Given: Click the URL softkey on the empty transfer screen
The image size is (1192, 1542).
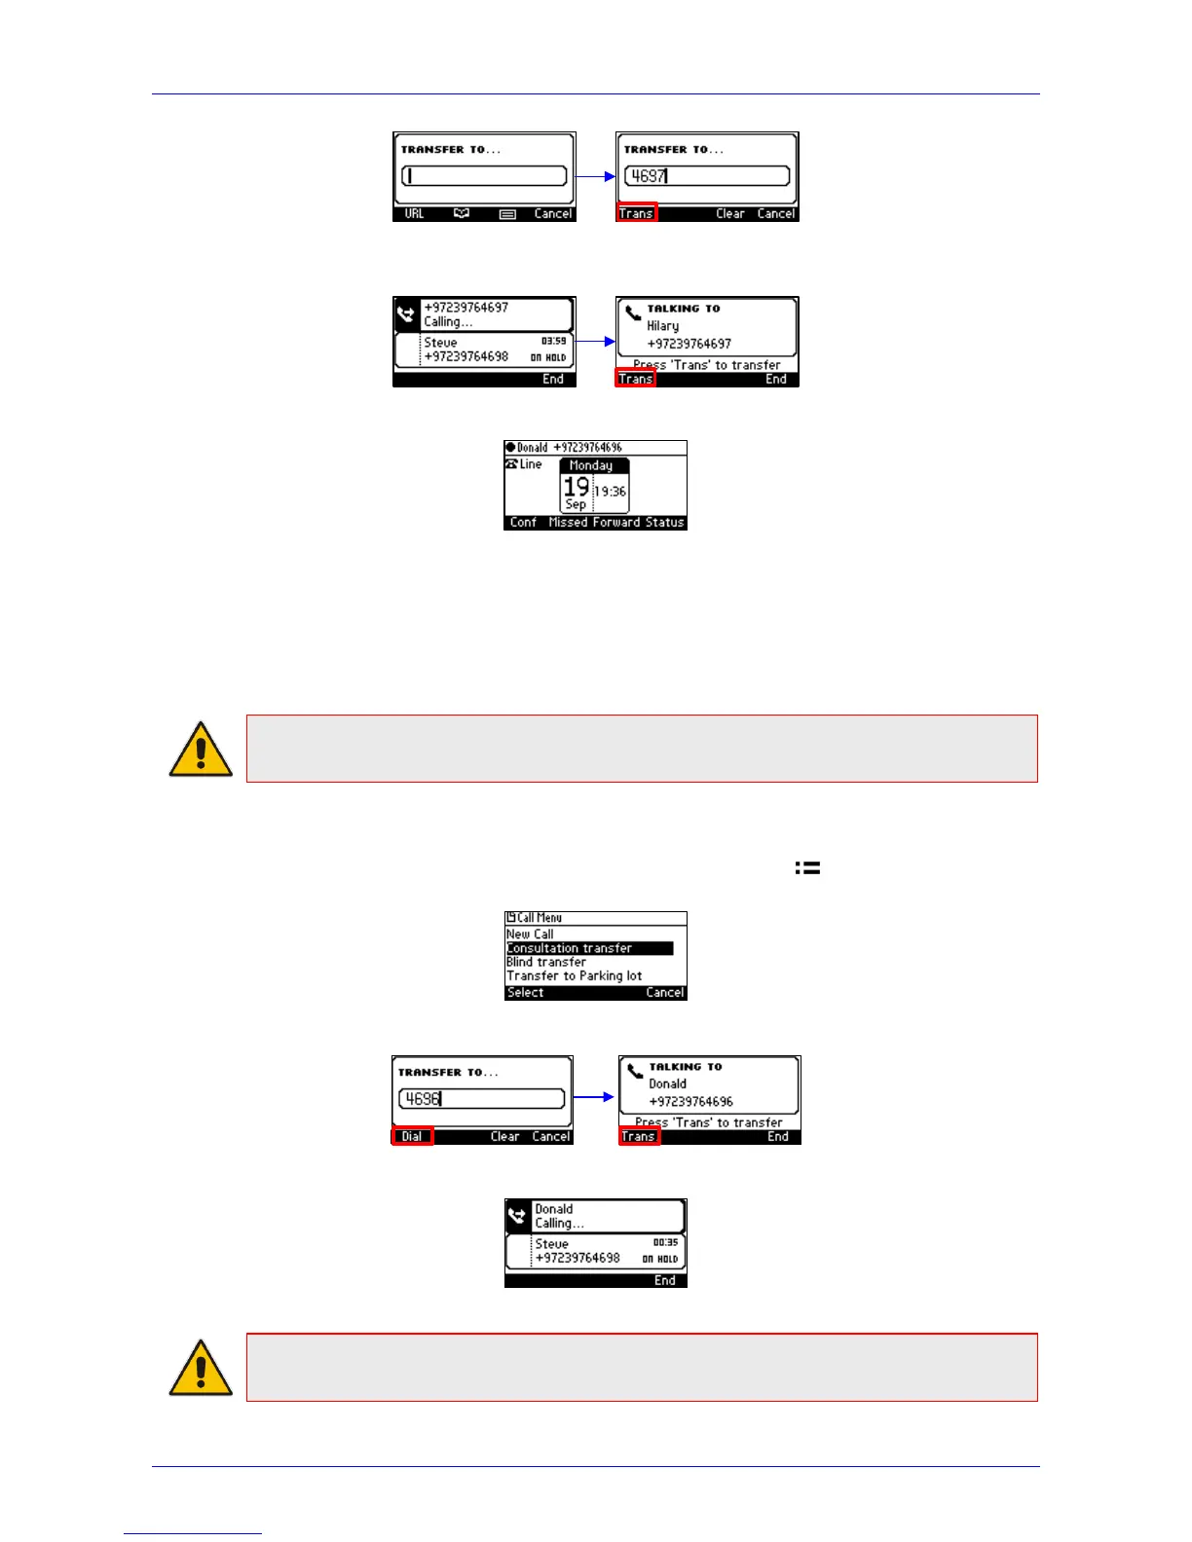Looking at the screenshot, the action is [x=414, y=213].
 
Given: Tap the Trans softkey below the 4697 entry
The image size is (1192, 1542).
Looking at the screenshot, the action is [x=637, y=213].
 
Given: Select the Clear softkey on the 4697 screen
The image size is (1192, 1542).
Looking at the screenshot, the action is [x=729, y=213].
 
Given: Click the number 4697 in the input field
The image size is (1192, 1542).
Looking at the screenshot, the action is [x=648, y=176].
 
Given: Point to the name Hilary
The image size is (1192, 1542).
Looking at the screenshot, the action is [x=663, y=326].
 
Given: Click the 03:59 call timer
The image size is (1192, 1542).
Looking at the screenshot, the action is [x=553, y=341].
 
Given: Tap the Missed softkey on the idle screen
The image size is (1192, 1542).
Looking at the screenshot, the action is [x=568, y=523].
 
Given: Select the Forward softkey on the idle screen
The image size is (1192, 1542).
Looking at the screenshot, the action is [x=615, y=523].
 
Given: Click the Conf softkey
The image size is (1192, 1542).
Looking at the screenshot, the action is [x=523, y=523].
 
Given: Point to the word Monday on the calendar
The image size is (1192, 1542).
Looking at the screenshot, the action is [x=591, y=465].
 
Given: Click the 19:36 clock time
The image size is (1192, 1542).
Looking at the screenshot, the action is [x=611, y=492].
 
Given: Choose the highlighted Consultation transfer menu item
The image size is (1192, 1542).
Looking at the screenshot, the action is [x=570, y=948].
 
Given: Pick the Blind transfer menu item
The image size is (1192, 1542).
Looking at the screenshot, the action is [x=546, y=962].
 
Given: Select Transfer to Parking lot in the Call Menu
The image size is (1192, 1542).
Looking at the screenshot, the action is [x=575, y=975].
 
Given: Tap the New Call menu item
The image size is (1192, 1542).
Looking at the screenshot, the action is [x=530, y=934].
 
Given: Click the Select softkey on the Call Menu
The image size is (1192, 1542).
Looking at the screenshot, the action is [x=526, y=993].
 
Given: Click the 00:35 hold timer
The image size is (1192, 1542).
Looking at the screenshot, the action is [x=665, y=1242].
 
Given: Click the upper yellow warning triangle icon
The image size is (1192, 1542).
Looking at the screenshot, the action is [x=201, y=750].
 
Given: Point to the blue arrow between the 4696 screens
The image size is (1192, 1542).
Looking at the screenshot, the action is [x=594, y=1097].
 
